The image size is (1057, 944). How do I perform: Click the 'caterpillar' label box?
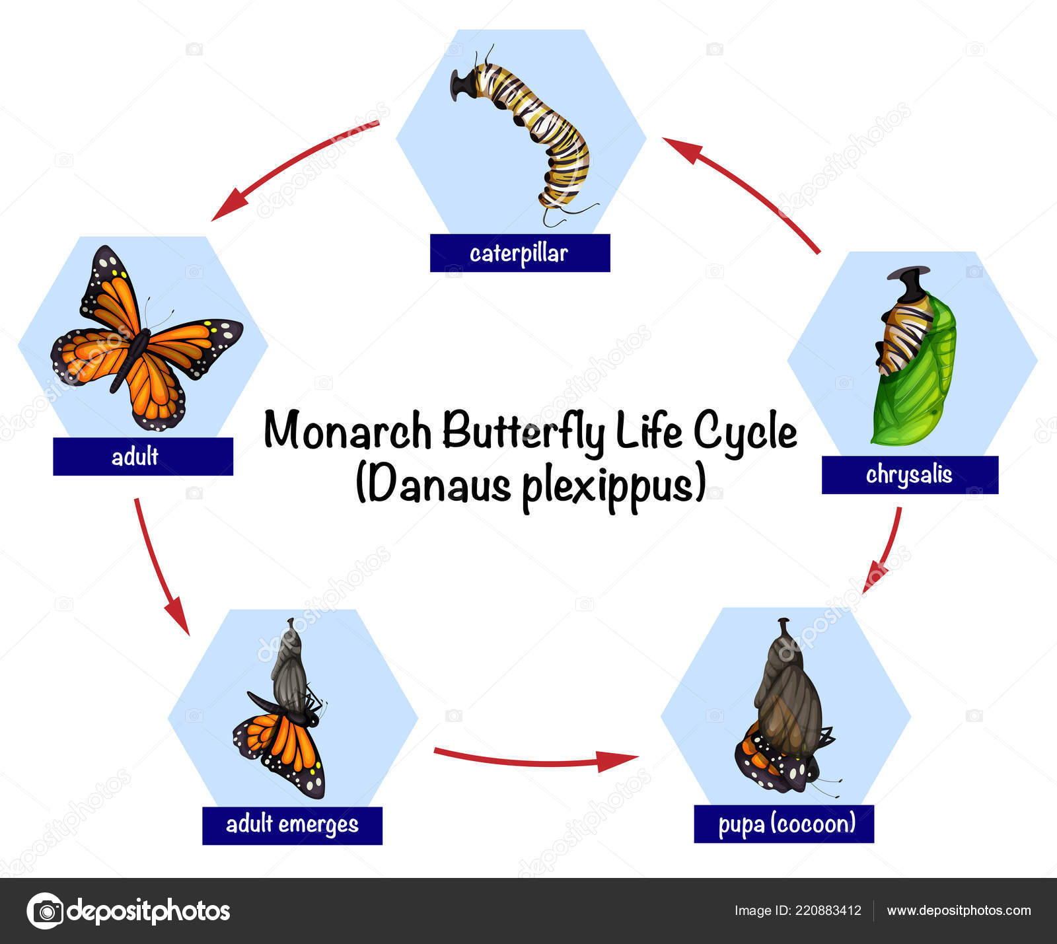(x=520, y=253)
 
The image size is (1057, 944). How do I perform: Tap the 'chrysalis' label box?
(x=910, y=475)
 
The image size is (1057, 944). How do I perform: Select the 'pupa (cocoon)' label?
(x=784, y=824)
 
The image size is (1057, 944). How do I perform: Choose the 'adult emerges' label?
(x=292, y=825)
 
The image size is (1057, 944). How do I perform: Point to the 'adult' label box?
(x=143, y=456)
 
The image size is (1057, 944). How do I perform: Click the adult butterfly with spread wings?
(x=147, y=339)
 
